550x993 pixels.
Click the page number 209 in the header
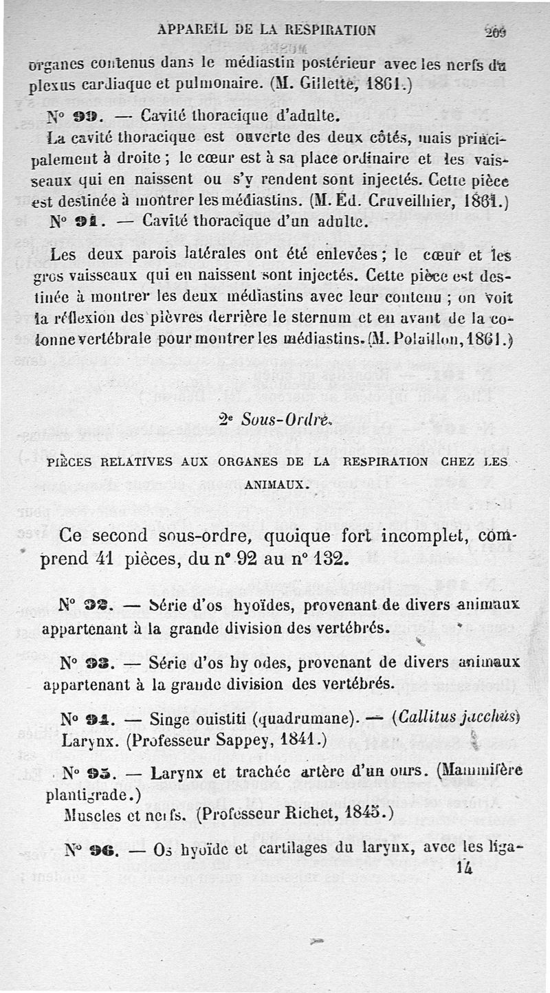494,32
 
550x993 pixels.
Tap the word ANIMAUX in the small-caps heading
277,484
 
